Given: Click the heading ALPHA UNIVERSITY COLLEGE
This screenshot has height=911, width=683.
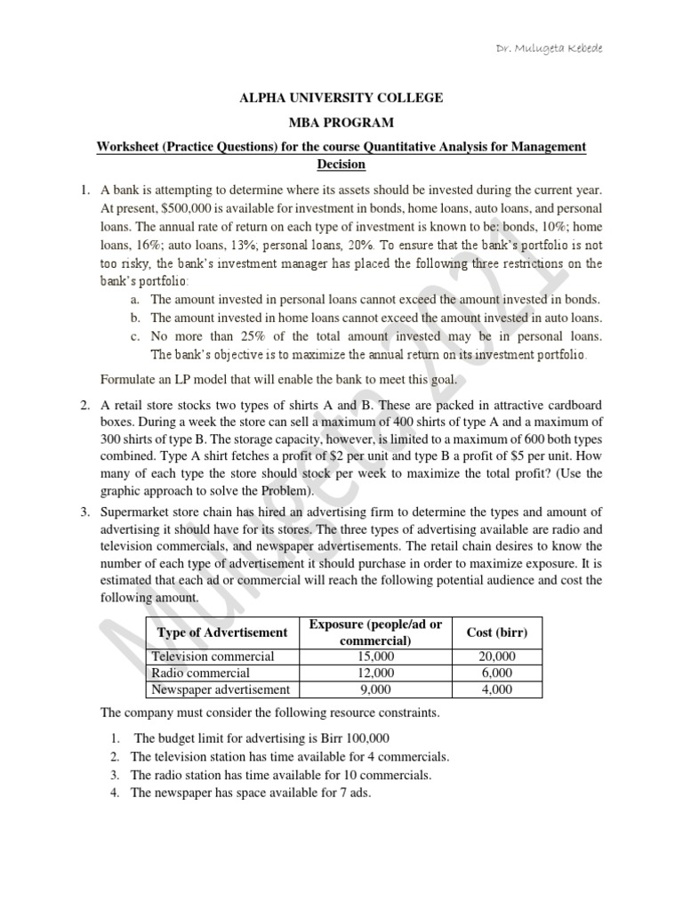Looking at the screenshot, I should [342, 97].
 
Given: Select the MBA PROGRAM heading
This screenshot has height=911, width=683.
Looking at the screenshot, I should [342, 122].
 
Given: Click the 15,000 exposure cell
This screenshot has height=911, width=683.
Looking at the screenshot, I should [374, 657].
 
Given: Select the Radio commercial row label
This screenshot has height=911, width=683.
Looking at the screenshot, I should [202, 673].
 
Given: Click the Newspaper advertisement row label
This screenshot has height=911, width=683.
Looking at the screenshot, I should [221, 689].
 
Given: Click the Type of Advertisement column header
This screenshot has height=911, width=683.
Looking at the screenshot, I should [221, 633].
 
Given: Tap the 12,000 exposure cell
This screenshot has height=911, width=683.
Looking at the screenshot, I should [374, 673].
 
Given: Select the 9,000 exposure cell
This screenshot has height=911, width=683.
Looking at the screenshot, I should [374, 689].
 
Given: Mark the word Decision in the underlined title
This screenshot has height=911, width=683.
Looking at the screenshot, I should [342, 165].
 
